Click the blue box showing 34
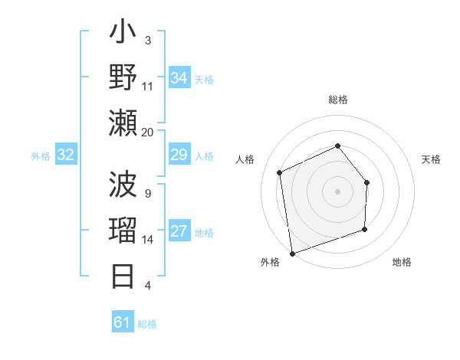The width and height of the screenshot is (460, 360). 179,78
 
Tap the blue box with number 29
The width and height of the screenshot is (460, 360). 179,155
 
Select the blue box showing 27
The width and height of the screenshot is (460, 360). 179,232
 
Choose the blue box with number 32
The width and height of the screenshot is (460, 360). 66,155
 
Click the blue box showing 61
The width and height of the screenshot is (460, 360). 123,322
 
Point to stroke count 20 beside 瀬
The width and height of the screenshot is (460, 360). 148,132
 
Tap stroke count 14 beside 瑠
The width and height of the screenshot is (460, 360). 148,240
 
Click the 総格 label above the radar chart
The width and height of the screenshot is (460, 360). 338,100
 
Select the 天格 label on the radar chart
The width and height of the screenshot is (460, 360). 431,159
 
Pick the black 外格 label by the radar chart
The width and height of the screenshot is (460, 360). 269,263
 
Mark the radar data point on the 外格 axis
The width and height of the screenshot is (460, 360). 292,252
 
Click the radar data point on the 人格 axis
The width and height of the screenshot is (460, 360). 280,172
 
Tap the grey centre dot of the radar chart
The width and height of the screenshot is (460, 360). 337,191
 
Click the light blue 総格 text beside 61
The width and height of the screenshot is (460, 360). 147,324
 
